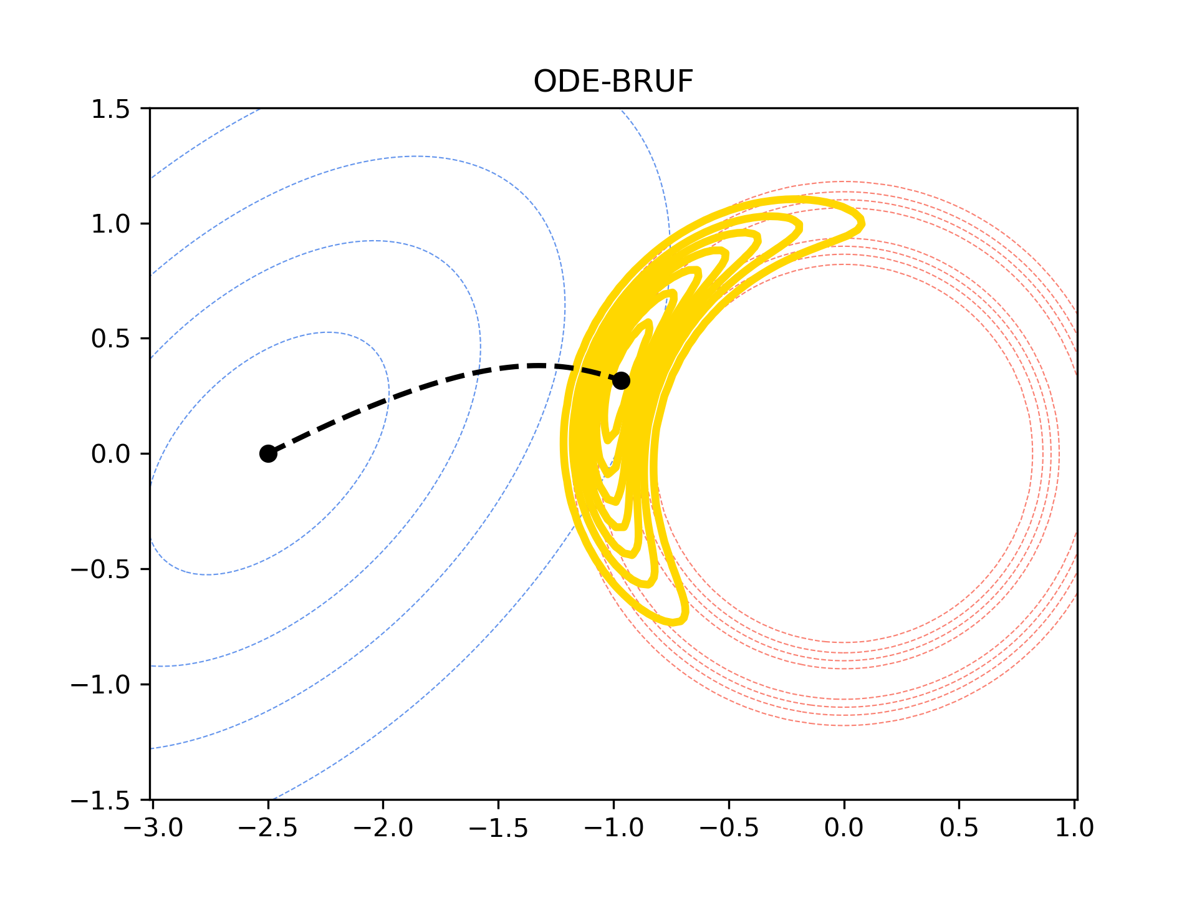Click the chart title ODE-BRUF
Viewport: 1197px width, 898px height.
pos(613,82)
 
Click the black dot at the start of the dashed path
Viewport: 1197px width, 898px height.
pos(268,453)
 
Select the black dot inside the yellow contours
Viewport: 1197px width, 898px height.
pos(621,380)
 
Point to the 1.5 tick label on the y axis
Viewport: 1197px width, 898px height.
pos(110,109)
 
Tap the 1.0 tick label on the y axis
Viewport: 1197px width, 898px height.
pos(110,224)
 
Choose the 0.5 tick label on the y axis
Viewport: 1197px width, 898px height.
pos(110,339)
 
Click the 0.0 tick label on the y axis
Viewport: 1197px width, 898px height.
pos(110,454)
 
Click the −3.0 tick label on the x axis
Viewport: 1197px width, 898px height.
pos(153,828)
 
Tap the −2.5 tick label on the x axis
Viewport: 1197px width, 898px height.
pos(268,828)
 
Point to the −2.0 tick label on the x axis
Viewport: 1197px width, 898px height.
pos(383,828)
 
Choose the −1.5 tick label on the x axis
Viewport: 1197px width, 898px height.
pos(499,828)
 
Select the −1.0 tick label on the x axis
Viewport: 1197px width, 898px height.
pos(613,828)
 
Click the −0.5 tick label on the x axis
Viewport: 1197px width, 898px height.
pos(729,828)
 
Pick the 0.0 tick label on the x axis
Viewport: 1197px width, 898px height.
pos(844,828)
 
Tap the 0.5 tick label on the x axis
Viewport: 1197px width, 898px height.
pos(959,828)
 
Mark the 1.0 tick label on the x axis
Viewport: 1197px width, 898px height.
pos(1074,828)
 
